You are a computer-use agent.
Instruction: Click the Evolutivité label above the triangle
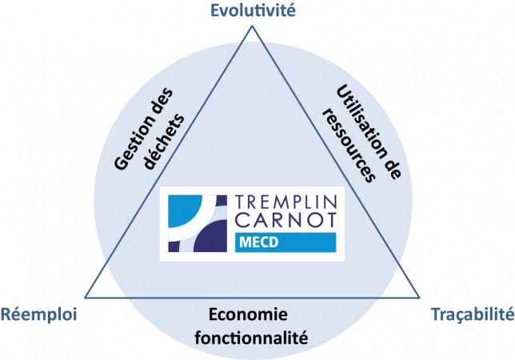(253, 10)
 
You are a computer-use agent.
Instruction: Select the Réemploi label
(38, 314)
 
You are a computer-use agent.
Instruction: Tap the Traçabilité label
(473, 314)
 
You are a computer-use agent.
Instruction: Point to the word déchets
(165, 141)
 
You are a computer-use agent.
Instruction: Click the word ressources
(349, 146)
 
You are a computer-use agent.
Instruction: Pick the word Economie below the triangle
(248, 314)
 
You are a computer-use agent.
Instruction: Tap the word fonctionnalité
(251, 338)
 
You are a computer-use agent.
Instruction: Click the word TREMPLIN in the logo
(285, 202)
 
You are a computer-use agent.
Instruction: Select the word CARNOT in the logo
(285, 220)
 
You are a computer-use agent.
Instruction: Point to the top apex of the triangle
(252, 26)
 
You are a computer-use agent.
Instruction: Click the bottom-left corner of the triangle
(85, 298)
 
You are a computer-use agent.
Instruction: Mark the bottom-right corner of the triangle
(419, 298)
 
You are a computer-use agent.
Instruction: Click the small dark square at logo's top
(222, 200)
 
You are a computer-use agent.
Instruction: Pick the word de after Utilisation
(393, 166)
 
